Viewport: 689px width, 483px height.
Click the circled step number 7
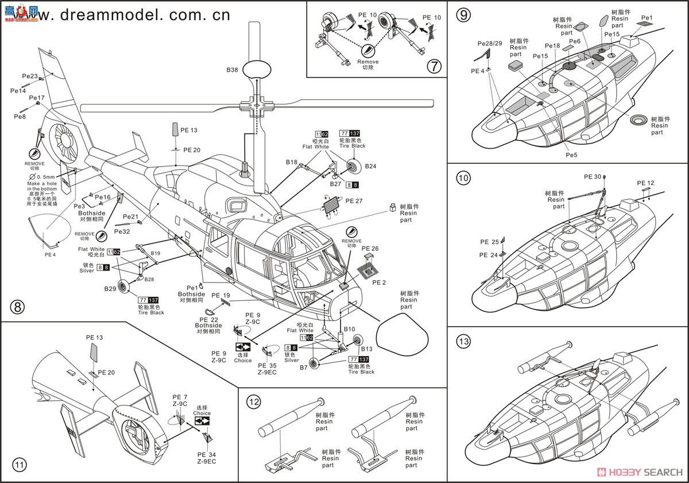pyautogui.click(x=435, y=66)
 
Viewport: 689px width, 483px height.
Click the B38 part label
pyautogui.click(x=232, y=70)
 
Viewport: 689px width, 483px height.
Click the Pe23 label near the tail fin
pyautogui.click(x=30, y=76)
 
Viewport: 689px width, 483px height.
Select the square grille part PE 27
pyautogui.click(x=332, y=205)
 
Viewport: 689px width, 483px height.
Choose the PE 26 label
pyautogui.click(x=371, y=249)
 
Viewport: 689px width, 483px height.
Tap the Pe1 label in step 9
pyautogui.click(x=647, y=18)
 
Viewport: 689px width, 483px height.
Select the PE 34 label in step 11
pyautogui.click(x=204, y=454)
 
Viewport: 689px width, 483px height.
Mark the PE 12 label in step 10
pyautogui.click(x=645, y=183)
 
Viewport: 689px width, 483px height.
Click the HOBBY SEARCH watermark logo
pyautogui.click(x=641, y=472)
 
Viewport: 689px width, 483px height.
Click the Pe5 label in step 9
pyautogui.click(x=571, y=154)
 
